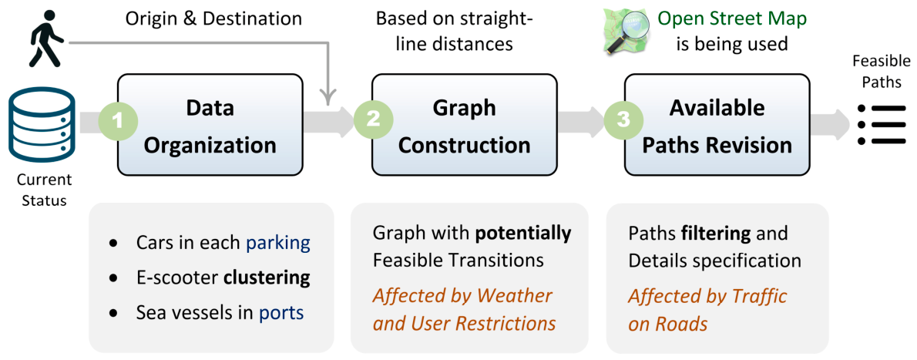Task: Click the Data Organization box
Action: [210, 125]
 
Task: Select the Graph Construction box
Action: [464, 125]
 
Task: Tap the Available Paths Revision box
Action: [717, 125]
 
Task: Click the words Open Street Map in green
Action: [732, 19]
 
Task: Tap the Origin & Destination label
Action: [213, 19]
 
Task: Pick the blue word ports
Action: [281, 312]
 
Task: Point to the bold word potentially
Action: [522, 234]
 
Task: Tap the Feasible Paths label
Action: [882, 72]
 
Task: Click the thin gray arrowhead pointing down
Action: [329, 99]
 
